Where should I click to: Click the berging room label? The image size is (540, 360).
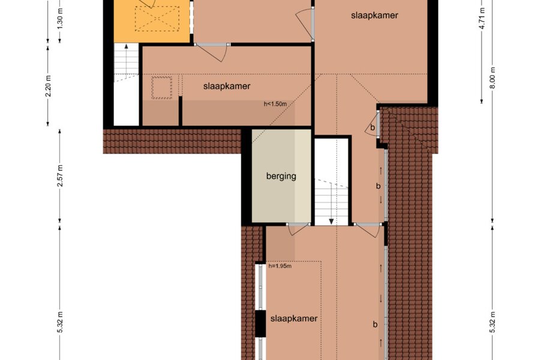pos(281,176)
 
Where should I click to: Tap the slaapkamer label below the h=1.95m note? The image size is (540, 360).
pos(294,319)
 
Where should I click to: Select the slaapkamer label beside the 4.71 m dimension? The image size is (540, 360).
pos(374,15)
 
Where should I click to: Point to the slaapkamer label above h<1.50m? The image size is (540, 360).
pos(227,86)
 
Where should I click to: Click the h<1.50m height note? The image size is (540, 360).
pos(275,104)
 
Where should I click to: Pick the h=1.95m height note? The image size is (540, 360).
pos(280,266)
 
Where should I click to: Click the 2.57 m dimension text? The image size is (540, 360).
pos(60,176)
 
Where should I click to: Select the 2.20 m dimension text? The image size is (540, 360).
pos(48,86)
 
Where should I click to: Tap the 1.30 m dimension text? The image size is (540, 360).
pos(60,23)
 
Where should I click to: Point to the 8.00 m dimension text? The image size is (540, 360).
pos(493,77)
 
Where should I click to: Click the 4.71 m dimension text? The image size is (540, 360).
pos(482,18)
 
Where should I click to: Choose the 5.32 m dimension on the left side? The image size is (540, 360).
pos(60,322)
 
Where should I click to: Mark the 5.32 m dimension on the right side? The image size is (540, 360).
pos(493,322)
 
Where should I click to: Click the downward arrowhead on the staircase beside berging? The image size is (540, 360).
pos(331,221)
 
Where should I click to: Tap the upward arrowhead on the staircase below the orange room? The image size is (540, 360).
pos(127,46)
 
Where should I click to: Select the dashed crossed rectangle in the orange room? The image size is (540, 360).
pos(157,19)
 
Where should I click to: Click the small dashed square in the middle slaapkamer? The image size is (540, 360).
pos(162,88)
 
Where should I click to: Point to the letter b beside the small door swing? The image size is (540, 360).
pos(372,127)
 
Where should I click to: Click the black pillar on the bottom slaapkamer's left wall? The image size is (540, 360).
pos(260,324)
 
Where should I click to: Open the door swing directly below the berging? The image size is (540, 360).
pos(297,229)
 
